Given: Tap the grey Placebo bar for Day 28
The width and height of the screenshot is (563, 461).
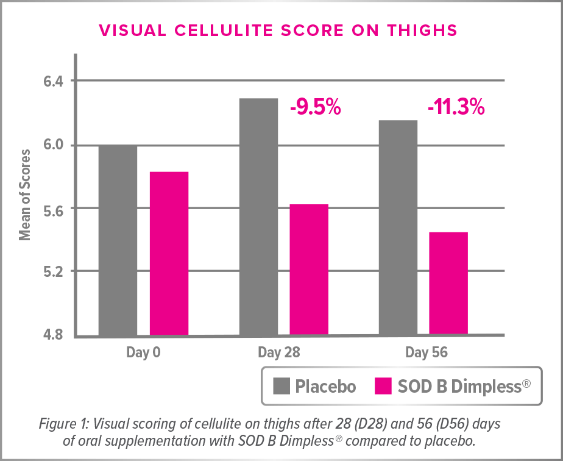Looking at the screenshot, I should click(258, 216).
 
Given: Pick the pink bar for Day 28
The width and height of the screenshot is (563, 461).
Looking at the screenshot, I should click(309, 270).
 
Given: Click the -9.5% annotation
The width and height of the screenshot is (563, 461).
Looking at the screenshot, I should click(315, 109).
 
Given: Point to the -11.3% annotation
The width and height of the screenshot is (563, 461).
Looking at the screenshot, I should click(456, 109).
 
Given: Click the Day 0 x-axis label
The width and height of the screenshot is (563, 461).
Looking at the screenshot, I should click(144, 352).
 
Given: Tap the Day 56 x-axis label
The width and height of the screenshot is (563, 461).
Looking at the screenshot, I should click(423, 352).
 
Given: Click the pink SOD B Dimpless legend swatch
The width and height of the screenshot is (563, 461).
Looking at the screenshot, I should click(381, 386).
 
